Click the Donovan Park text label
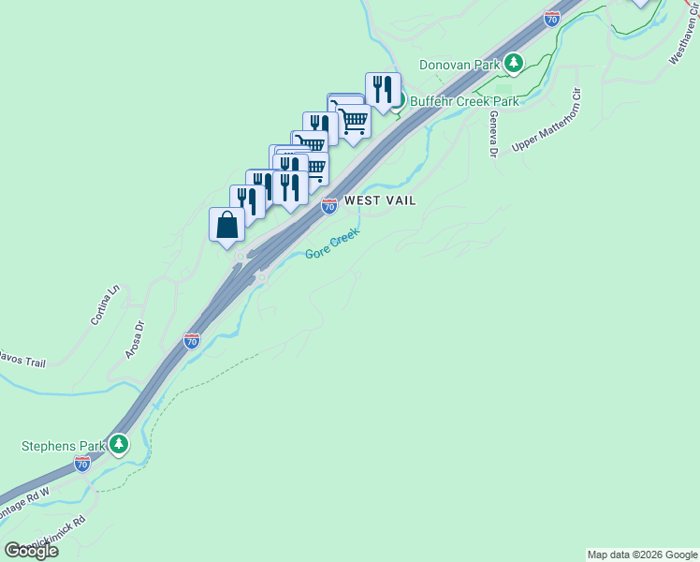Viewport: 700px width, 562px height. pos(459,65)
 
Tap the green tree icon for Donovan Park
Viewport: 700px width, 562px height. pos(513,64)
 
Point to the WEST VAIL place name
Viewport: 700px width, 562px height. pos(380,200)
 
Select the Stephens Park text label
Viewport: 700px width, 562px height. pos(62,446)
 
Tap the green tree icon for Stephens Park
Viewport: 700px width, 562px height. pos(118,443)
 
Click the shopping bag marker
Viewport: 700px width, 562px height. pos(227,225)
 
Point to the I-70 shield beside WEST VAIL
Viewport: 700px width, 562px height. pos(329,206)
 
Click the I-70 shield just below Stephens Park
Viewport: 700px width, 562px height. pos(82,464)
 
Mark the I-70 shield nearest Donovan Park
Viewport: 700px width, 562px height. pos(552,18)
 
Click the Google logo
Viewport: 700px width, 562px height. pos(31,551)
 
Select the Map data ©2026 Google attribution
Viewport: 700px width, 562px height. pos(642,555)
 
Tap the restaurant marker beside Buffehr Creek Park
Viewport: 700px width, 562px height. pos(382,90)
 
